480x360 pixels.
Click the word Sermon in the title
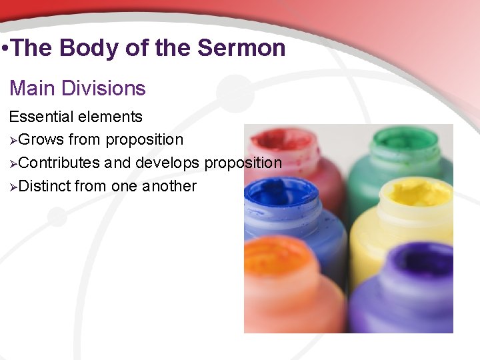coord(243,48)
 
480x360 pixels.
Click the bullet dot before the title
coord(5,49)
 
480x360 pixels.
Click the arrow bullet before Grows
coord(13,140)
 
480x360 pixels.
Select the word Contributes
coord(59,163)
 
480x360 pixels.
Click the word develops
coord(167,163)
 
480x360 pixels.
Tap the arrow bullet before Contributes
coord(13,163)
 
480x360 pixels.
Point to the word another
coord(169,186)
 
